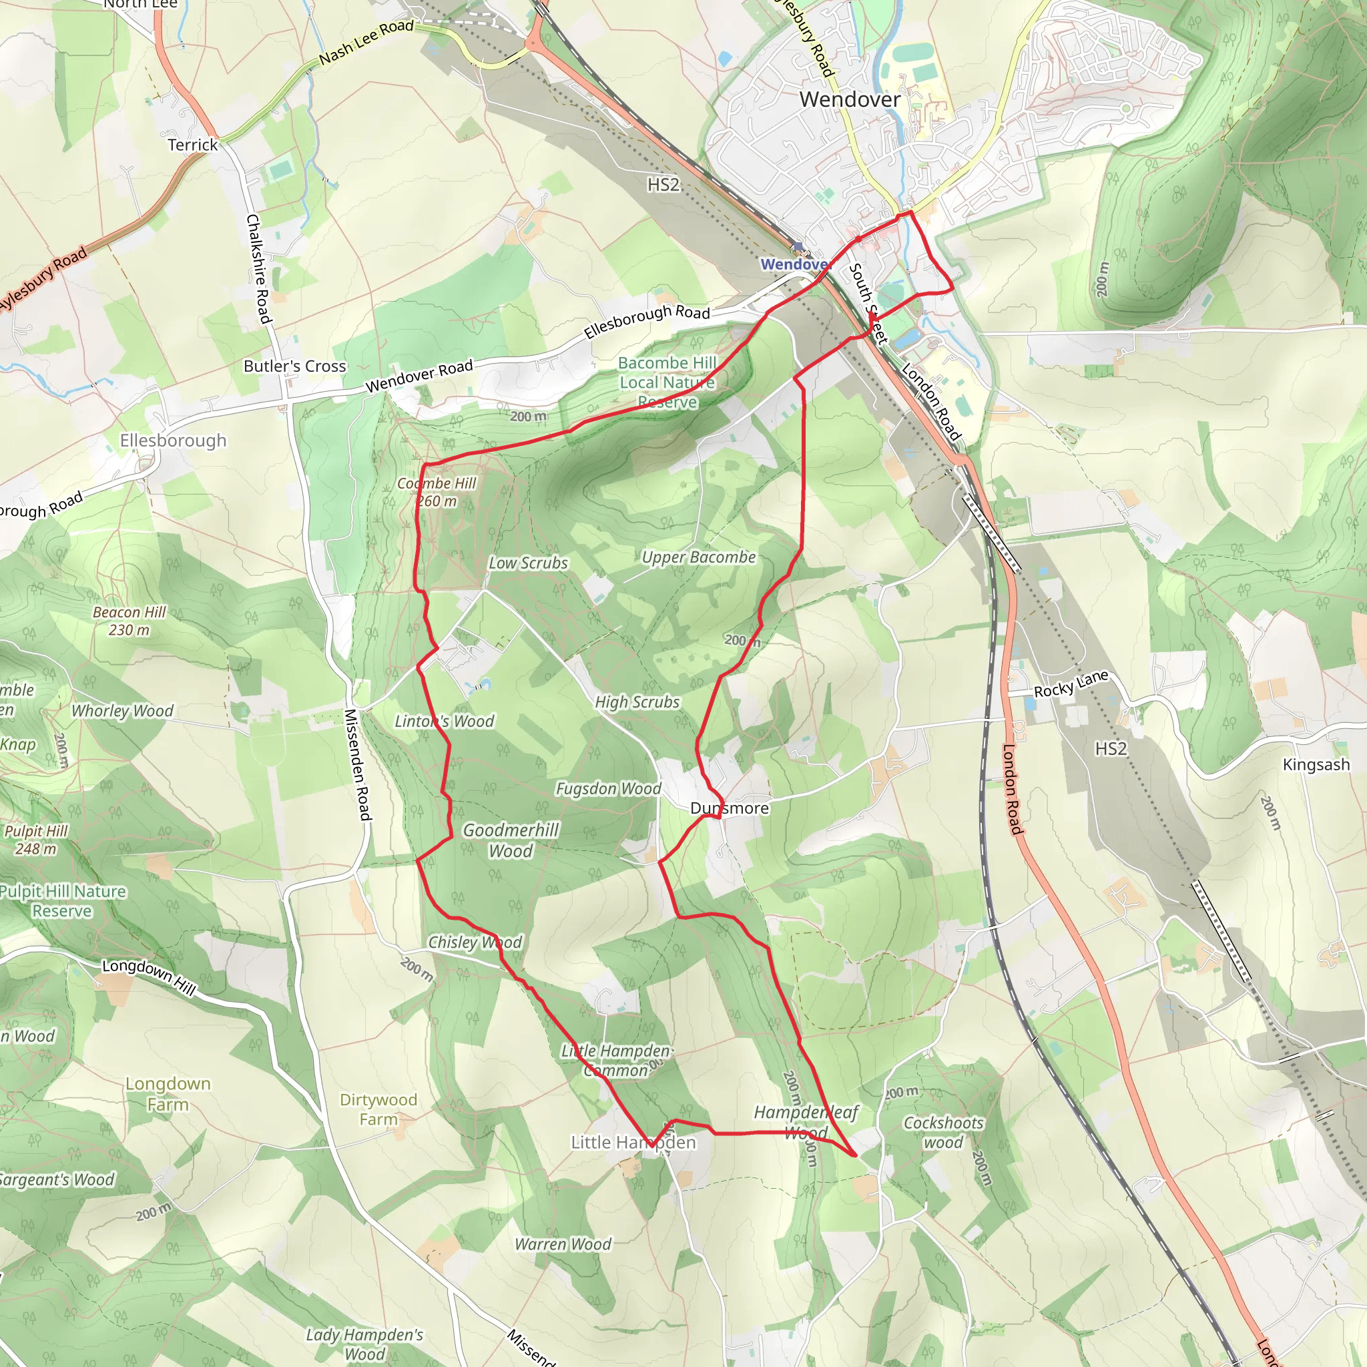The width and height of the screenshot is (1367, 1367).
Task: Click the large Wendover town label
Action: click(850, 99)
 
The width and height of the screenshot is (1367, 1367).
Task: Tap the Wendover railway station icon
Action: click(799, 248)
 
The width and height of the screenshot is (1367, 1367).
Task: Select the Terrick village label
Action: click(192, 145)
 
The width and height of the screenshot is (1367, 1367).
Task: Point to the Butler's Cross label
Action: click(295, 366)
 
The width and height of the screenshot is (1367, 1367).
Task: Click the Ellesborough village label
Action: click(174, 441)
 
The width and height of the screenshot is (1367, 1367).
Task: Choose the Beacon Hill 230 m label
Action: click(129, 621)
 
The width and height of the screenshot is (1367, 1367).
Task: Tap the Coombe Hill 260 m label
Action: click(437, 493)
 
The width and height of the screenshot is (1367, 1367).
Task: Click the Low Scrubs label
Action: click(529, 563)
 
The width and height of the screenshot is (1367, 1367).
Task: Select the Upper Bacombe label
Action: click(698, 557)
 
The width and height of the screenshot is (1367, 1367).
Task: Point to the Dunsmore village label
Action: click(730, 808)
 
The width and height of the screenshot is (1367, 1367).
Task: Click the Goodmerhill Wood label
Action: click(511, 840)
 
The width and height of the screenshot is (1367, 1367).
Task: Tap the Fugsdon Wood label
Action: click(609, 789)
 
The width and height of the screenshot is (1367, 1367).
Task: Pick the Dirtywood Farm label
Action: click(378, 1109)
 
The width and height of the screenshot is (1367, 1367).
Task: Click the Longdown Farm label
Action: click(168, 1094)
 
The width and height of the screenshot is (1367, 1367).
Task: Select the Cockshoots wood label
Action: click(944, 1133)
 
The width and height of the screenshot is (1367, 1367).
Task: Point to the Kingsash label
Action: click(1316, 765)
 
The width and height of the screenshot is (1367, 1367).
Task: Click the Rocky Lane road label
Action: click(1071, 684)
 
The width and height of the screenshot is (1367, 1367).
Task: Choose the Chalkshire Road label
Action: click(258, 269)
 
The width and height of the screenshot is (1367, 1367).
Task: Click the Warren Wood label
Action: click(563, 1245)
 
